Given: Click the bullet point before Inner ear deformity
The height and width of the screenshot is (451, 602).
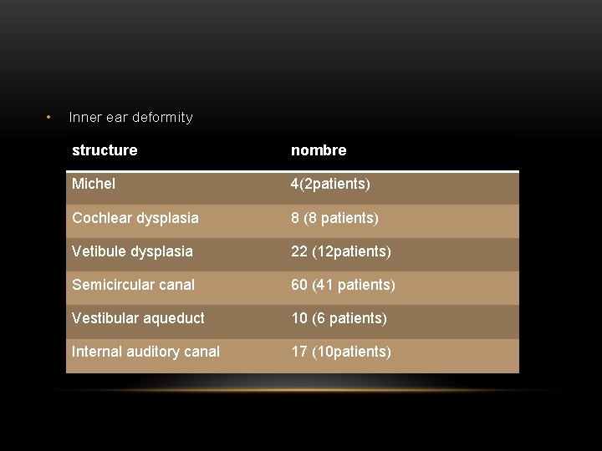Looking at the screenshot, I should coord(49,116).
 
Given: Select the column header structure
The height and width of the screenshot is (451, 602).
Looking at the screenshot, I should coord(105,150).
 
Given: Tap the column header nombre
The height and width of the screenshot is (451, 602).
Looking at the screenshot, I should coord(319,150).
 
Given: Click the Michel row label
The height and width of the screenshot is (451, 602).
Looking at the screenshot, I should coord(94,184).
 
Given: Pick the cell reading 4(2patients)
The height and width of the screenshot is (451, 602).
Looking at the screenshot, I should coord(330,184).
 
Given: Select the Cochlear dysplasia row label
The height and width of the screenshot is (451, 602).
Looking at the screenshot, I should coord(135,218).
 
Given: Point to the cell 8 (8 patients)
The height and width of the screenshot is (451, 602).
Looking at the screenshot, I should coord(334,218).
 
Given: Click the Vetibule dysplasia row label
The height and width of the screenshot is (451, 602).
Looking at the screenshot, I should coord(132,251).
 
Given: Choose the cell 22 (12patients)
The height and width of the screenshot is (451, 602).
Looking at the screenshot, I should coord(341,251).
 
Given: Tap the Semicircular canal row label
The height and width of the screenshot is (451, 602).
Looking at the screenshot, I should coord(133,285).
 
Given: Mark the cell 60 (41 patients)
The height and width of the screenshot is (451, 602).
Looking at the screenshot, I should coord(343,285).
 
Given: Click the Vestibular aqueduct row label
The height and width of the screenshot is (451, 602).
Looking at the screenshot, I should coord(138,318).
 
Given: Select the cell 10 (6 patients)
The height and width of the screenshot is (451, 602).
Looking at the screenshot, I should coord(339,318).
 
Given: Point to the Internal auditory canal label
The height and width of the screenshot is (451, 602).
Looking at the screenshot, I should coord(145,352).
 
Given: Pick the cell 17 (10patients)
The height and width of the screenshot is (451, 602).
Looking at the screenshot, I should coord(341,352).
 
